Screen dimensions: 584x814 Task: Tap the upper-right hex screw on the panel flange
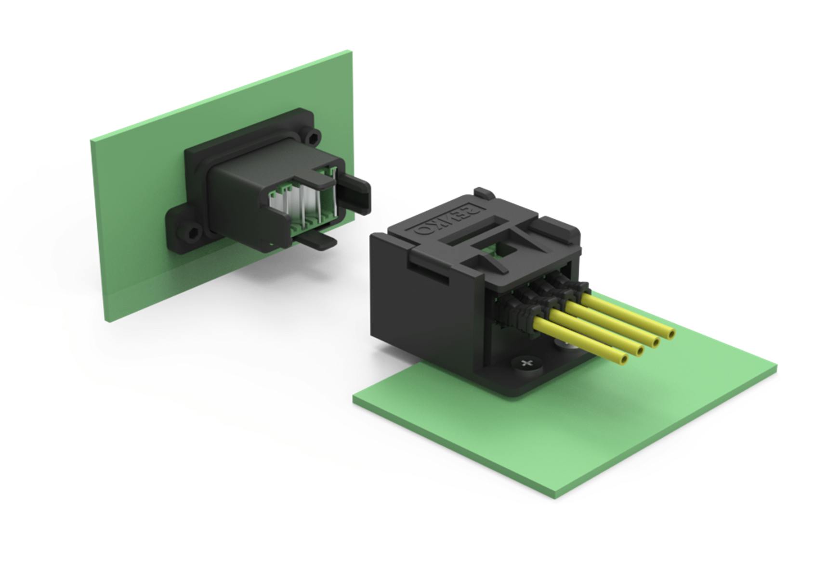314,138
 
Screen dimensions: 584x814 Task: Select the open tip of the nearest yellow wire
624,359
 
